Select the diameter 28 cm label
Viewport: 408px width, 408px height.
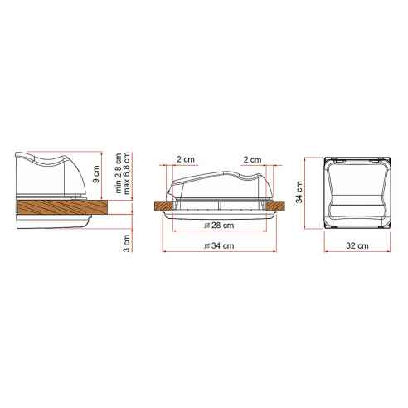(x=218, y=226)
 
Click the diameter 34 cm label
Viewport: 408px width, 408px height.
(x=218, y=246)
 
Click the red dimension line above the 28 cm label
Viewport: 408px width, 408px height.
(x=218, y=219)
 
